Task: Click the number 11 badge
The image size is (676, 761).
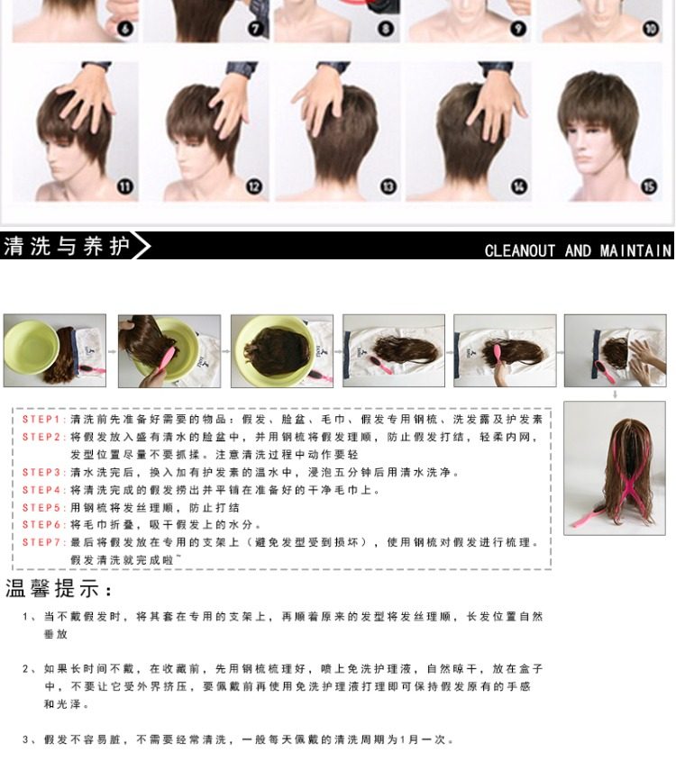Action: (124, 186)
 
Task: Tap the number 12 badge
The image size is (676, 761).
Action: (254, 186)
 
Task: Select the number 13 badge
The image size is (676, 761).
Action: (388, 186)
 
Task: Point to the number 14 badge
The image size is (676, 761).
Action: (519, 186)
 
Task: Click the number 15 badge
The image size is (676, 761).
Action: (649, 186)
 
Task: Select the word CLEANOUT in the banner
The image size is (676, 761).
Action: (520, 250)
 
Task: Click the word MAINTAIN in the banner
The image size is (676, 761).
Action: (636, 250)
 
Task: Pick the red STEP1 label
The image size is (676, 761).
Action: (41, 420)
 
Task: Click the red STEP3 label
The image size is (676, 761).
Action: (41, 472)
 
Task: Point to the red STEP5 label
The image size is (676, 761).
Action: (41, 507)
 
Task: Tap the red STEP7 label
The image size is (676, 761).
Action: (41, 542)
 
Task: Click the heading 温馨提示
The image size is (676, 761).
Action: (59, 591)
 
